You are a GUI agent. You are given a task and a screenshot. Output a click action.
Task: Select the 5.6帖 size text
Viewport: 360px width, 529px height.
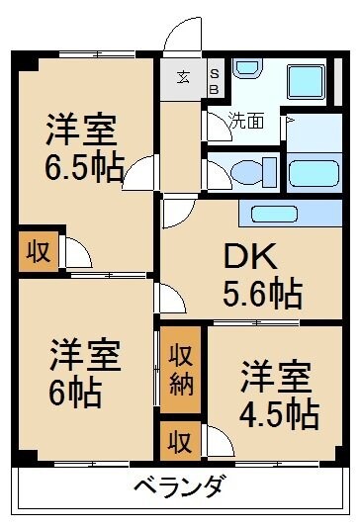261,293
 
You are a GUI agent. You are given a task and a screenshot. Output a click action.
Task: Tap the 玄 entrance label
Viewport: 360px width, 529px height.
184,77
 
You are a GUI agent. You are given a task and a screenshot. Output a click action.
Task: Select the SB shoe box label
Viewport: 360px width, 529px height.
214,77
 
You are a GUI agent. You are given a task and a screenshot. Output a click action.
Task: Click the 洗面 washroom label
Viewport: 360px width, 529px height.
246,122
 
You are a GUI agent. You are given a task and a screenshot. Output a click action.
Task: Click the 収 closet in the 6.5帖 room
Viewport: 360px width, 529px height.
37,250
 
